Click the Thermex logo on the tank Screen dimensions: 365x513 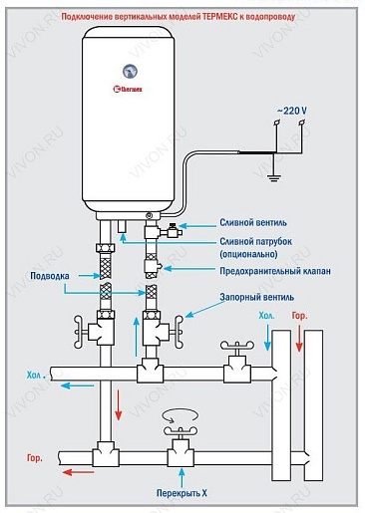coord(128,89)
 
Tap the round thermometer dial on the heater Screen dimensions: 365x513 coord(130,71)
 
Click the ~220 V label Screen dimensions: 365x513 coord(291,111)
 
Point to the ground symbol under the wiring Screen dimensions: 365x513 coord(274,178)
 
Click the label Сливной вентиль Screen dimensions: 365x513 coord(253,222)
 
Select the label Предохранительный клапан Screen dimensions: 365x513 coord(275,271)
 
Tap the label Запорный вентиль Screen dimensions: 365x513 coord(256,297)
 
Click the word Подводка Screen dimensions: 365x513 coord(50,276)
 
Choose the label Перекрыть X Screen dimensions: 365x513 coord(182,493)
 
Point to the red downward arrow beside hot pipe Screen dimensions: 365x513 coord(119,403)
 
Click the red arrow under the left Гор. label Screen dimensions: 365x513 coord(79,472)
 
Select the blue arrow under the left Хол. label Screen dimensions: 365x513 coord(77,385)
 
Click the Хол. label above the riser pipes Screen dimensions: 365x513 coord(266,316)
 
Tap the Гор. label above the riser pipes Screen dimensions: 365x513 coord(299,316)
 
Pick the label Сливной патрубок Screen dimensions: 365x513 coord(255,241)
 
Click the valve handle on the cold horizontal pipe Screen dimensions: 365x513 coord(237,346)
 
